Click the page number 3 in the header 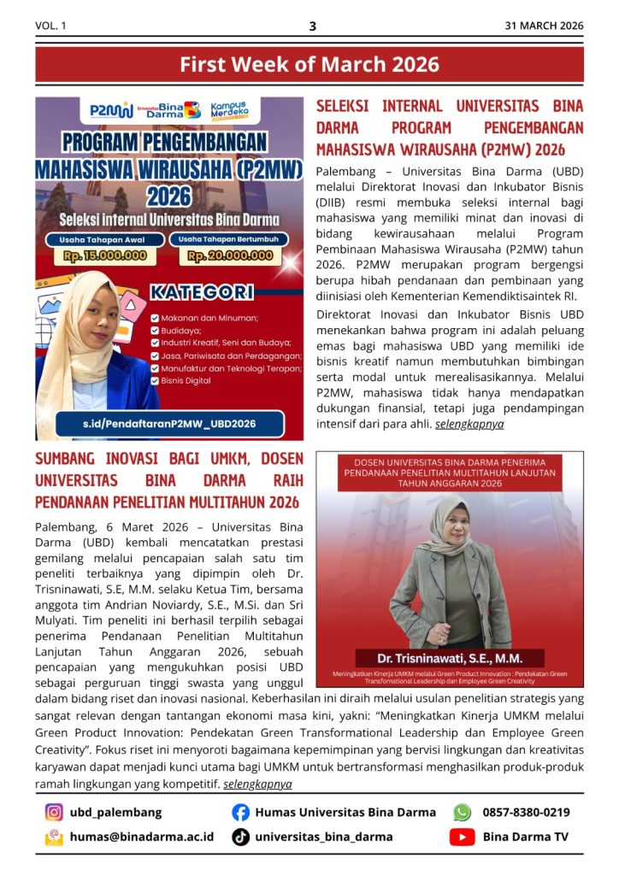(312, 26)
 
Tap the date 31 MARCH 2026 (544, 26)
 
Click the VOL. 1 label (50, 26)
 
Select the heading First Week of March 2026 (309, 64)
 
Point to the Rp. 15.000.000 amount (105, 255)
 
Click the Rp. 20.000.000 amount (231, 255)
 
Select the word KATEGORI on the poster (202, 293)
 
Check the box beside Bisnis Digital (155, 381)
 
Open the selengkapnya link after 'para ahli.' (469, 423)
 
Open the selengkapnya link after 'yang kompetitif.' (257, 784)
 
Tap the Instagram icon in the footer (54, 813)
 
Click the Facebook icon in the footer (241, 813)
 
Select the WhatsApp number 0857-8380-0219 (526, 813)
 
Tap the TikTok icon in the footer (241, 837)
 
